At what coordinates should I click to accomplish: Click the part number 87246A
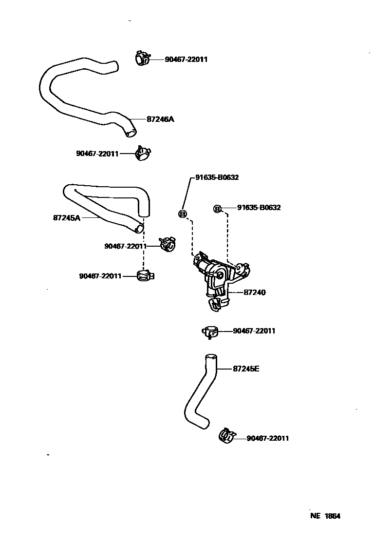click(160, 119)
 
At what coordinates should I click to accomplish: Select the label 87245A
click(66, 218)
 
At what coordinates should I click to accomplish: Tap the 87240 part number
click(254, 292)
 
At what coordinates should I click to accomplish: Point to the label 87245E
click(246, 369)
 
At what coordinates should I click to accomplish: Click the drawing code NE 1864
click(325, 516)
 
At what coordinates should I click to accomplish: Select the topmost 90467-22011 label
click(186, 59)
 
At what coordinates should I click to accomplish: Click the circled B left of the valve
click(183, 214)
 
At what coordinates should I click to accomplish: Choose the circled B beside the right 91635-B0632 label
click(217, 209)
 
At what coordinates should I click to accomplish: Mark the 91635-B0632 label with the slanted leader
click(217, 177)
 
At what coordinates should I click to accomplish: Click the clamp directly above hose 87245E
click(210, 331)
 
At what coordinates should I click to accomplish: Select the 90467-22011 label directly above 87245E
click(254, 331)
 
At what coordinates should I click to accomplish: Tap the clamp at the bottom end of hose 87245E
click(226, 436)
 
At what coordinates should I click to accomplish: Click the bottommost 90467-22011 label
click(268, 438)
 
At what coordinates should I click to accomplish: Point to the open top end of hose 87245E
click(210, 357)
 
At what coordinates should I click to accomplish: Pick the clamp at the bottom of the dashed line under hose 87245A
click(144, 276)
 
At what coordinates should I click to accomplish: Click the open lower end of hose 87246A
click(131, 132)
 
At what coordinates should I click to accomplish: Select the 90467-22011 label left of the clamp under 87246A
click(97, 154)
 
